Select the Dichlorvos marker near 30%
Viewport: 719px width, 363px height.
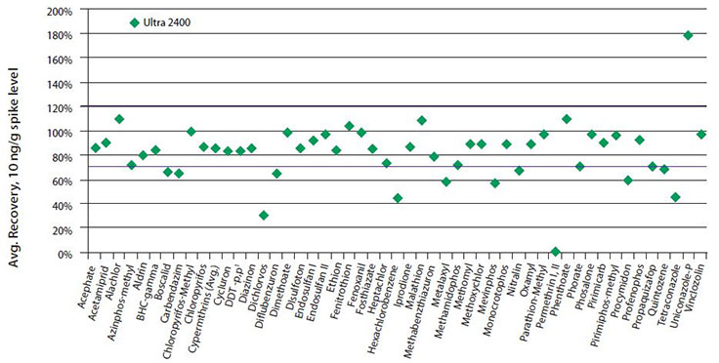pyautogui.click(x=264, y=215)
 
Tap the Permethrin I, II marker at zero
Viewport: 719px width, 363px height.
pyautogui.click(x=556, y=252)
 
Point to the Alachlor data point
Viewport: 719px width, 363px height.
pyautogui.click(x=119, y=119)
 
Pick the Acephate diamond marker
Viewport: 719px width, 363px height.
pyautogui.click(x=96, y=147)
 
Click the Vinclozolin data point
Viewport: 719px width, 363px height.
pyautogui.click(x=700, y=134)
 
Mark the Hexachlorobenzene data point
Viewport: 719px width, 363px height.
pyautogui.click(x=398, y=198)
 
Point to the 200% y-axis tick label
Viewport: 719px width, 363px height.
pyautogui.click(x=59, y=11)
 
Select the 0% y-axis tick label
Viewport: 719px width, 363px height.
pyautogui.click(x=64, y=253)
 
